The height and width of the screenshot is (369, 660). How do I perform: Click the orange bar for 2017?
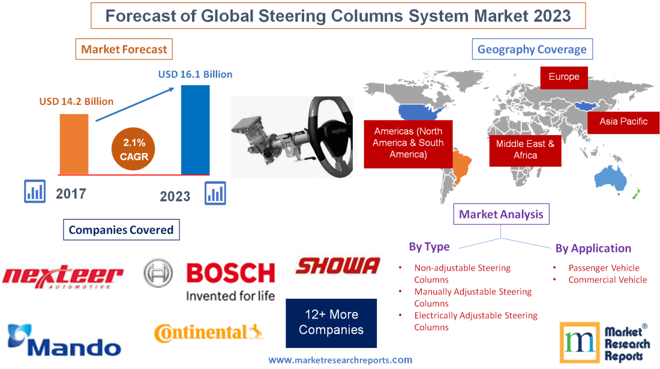[x=74, y=144]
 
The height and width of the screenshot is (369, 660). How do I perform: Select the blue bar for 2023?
[x=195, y=130]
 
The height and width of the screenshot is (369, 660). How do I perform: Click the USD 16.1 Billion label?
[x=195, y=75]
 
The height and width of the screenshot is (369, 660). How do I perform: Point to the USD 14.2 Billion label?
[x=76, y=101]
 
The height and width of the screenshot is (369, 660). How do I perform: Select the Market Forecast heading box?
[x=124, y=49]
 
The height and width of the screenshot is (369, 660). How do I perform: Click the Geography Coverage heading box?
[x=532, y=49]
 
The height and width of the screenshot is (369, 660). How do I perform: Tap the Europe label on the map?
[x=563, y=77]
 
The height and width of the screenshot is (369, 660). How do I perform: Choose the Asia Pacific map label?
[x=623, y=122]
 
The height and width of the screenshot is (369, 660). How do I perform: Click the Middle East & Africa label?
[x=525, y=149]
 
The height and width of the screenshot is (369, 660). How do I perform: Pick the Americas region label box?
[x=408, y=143]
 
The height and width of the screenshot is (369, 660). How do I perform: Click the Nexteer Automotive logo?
[x=62, y=277]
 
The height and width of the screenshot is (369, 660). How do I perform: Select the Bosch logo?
[x=210, y=280]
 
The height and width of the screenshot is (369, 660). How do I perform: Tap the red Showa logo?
[x=338, y=266]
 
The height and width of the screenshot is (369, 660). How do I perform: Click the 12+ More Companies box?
[x=331, y=323]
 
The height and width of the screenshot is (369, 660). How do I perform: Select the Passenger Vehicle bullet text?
[x=604, y=268]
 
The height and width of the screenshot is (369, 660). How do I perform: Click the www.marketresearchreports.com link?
[x=340, y=360]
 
